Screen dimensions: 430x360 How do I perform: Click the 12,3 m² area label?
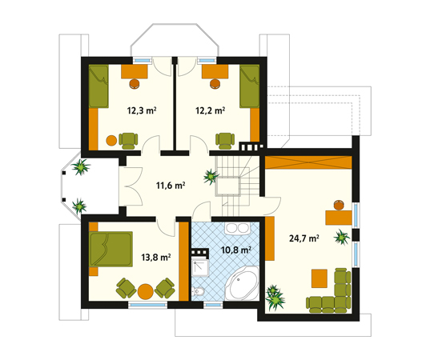pyautogui.click(x=142, y=110)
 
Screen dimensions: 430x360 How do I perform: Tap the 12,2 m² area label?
pyautogui.click(x=211, y=110)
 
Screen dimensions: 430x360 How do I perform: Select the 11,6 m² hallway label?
pyautogui.click(x=171, y=186)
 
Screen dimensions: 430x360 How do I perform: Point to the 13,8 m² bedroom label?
pyautogui.click(x=156, y=258)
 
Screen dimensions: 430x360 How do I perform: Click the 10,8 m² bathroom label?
pyautogui.click(x=236, y=250)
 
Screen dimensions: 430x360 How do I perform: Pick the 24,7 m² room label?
pyautogui.click(x=303, y=238)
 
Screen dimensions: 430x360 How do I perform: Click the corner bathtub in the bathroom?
pyautogui.click(x=243, y=284)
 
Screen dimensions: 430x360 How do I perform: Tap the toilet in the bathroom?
pyautogui.click(x=198, y=291)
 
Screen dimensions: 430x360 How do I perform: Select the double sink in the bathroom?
pyautogui.click(x=237, y=228)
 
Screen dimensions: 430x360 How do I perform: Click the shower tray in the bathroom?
pyautogui.click(x=200, y=267)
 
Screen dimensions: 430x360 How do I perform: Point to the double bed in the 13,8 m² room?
pyautogui.click(x=111, y=249)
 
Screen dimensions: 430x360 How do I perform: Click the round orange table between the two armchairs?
pyautogui.click(x=146, y=291)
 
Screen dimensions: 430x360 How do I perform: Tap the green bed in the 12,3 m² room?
pyautogui.click(x=98, y=86)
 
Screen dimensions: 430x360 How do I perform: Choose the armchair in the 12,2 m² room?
pyautogui.click(x=225, y=141)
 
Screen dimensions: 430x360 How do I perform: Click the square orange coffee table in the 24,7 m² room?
pyautogui.click(x=319, y=278)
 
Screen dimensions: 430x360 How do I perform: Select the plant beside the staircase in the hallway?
pyautogui.click(x=211, y=177)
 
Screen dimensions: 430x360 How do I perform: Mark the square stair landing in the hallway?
pyautogui.click(x=227, y=186)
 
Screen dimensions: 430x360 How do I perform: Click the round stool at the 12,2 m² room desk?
pyautogui.click(x=215, y=83)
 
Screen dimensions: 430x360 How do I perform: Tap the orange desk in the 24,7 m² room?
pyautogui.click(x=339, y=218)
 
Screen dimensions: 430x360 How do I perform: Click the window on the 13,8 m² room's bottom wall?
pyautogui.click(x=148, y=304)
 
